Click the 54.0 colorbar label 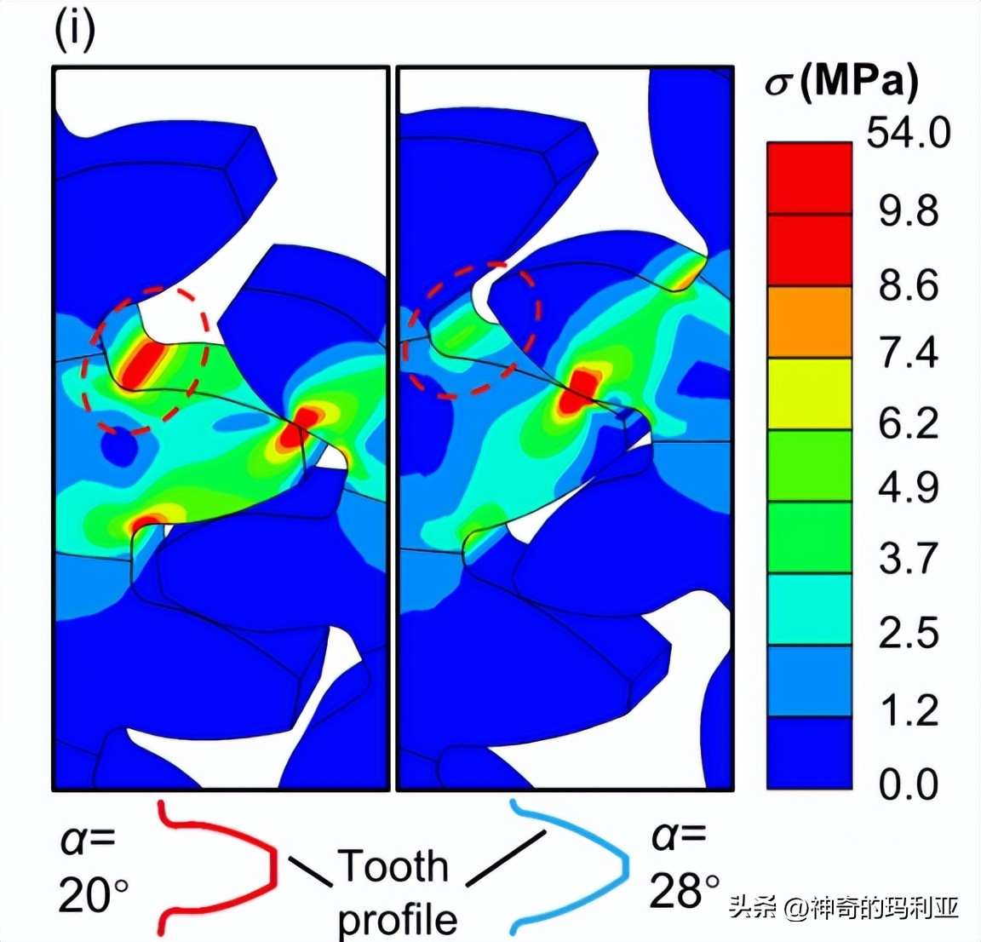click(908, 134)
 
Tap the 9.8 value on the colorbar click(909, 210)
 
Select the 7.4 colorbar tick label click(909, 352)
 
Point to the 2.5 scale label click(909, 633)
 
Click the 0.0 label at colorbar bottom click(909, 784)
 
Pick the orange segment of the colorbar click(809, 321)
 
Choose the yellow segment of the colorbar click(809, 393)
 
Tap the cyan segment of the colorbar click(809, 608)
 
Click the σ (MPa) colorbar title click(841, 83)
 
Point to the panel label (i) click(75, 31)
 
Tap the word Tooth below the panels click(393, 866)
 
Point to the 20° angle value click(94, 896)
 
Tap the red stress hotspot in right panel click(582, 390)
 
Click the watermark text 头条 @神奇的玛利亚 click(843, 908)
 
